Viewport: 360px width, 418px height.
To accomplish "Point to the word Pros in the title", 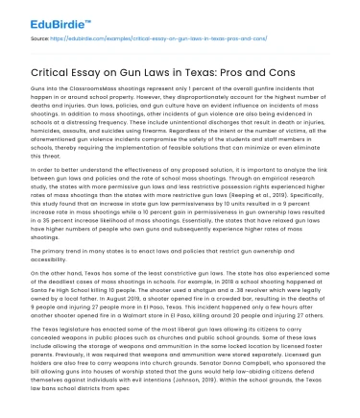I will point(270,67).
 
